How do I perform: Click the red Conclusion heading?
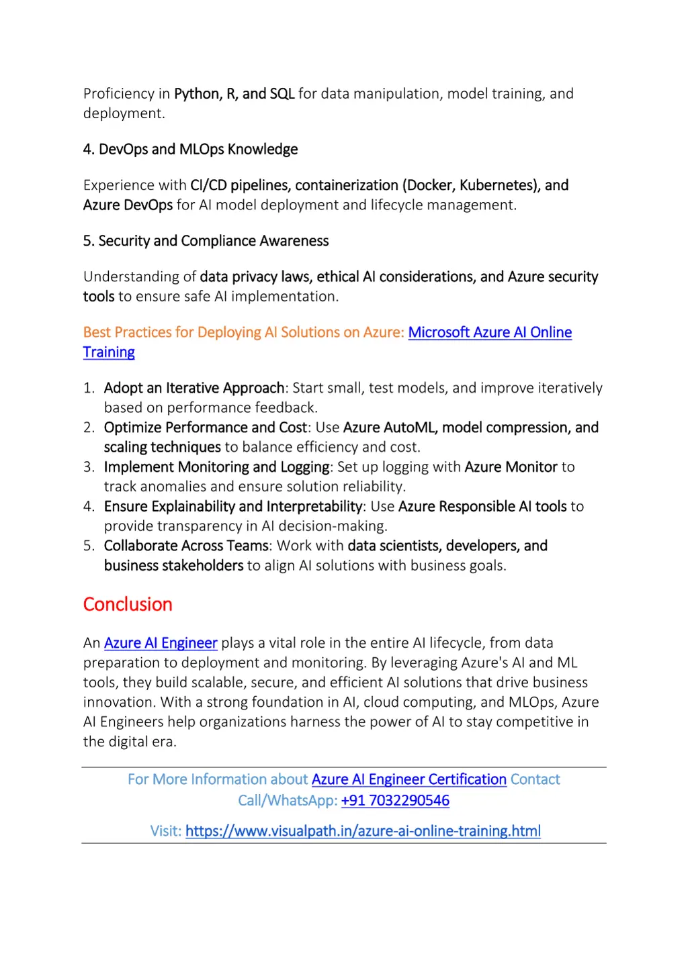tap(128, 604)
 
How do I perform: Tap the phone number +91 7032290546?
tap(395, 800)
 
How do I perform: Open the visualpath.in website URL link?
tap(363, 831)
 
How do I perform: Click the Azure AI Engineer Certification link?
tap(408, 779)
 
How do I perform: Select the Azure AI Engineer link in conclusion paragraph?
tap(161, 643)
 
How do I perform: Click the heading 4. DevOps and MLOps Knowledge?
tap(190, 149)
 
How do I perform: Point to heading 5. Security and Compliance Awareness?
tap(206, 241)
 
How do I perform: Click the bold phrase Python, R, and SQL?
tap(234, 94)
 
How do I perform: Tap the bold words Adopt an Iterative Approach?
tap(194, 388)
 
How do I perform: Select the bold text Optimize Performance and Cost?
tap(205, 428)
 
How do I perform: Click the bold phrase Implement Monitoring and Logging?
tap(216, 467)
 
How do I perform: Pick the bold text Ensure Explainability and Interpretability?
tap(233, 507)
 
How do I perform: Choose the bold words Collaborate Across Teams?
tap(186, 546)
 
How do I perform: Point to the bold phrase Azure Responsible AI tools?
tap(482, 507)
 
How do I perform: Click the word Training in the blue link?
tap(109, 352)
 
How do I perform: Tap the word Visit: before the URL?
tap(165, 831)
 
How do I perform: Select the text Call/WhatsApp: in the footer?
tap(288, 800)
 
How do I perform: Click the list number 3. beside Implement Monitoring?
tap(89, 467)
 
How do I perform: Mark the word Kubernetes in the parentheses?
tap(496, 185)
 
